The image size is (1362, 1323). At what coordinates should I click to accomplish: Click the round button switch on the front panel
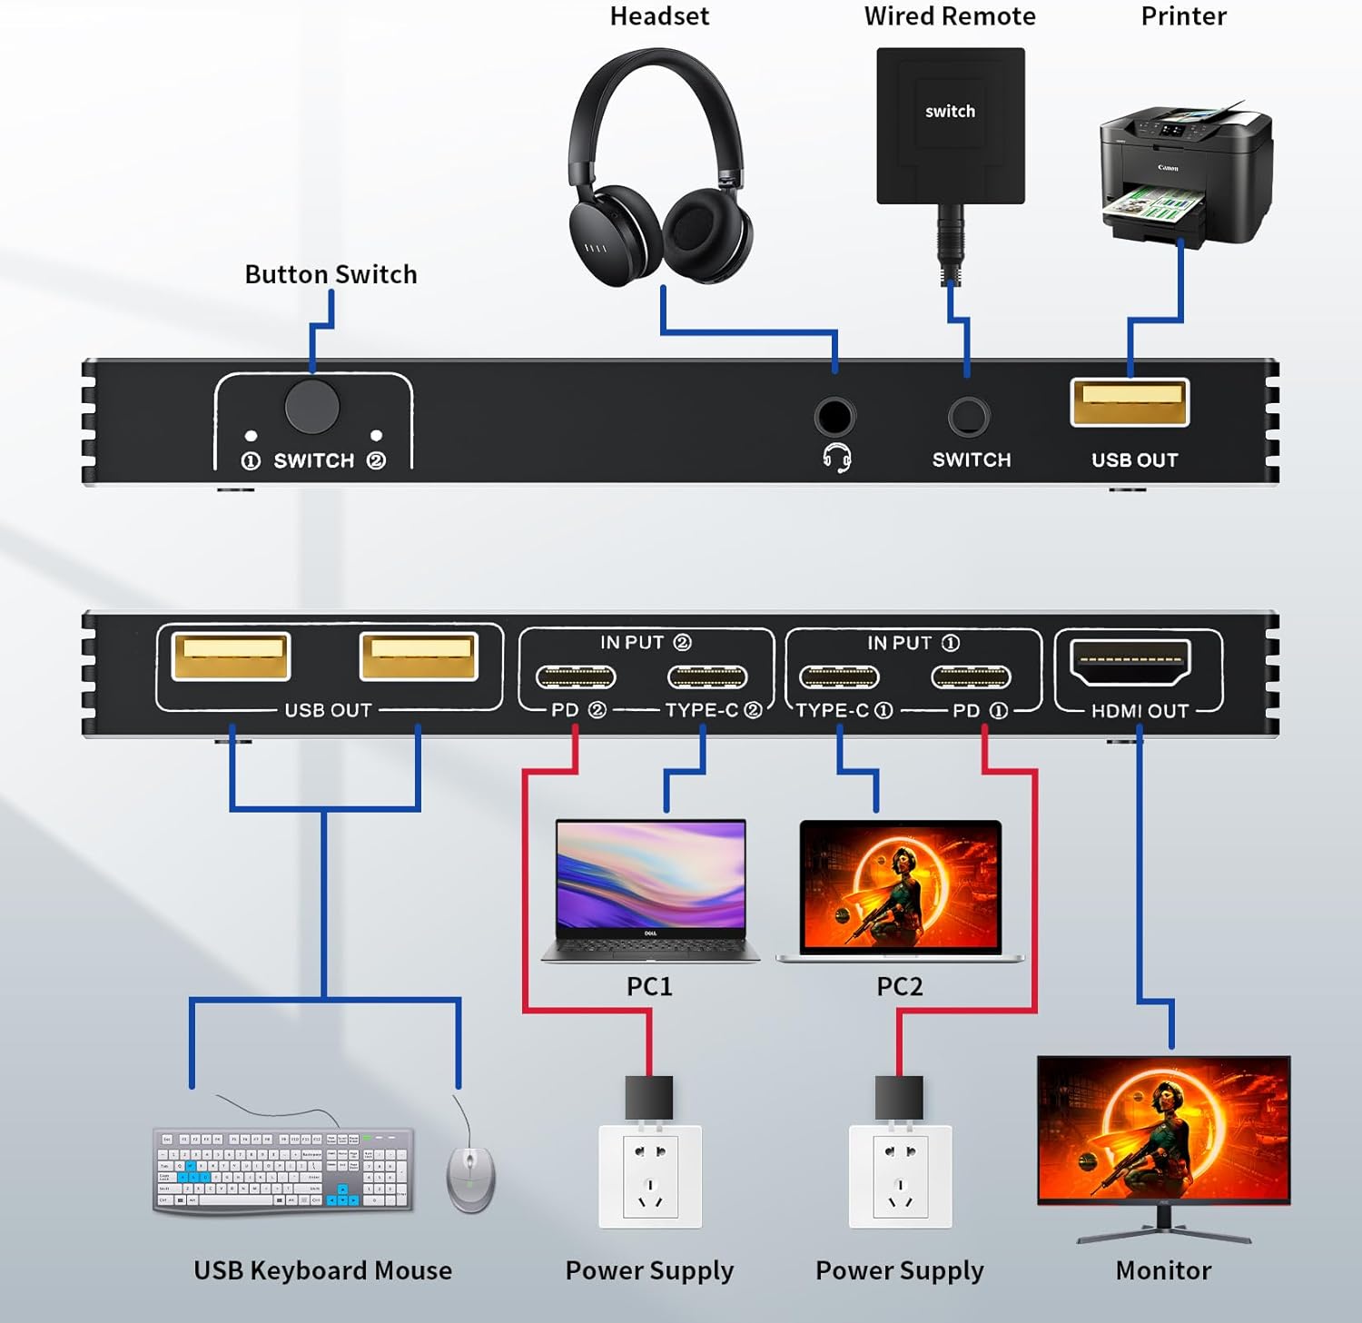(x=311, y=407)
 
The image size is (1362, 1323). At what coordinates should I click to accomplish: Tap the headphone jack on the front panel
(x=834, y=417)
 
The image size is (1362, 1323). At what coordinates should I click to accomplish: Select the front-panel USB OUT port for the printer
(x=1130, y=402)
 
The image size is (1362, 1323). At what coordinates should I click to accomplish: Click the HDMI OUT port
(x=1130, y=662)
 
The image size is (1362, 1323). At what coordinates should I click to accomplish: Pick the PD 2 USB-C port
(x=576, y=677)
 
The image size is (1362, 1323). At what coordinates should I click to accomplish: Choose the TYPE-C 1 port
(x=839, y=677)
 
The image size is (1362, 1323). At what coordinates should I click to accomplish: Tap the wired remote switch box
(x=950, y=125)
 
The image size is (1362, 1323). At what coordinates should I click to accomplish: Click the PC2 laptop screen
(x=900, y=884)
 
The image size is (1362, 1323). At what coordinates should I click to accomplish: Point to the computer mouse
(x=470, y=1179)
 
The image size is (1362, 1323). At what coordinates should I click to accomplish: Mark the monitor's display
(x=1163, y=1128)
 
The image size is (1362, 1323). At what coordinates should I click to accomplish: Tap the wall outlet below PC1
(x=650, y=1177)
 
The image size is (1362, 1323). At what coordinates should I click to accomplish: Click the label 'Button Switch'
(x=331, y=274)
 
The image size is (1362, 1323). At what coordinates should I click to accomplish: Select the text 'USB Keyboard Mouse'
(x=322, y=1270)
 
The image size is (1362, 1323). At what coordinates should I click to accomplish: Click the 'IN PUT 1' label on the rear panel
(x=913, y=643)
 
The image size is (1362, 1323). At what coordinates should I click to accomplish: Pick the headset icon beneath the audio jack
(x=836, y=459)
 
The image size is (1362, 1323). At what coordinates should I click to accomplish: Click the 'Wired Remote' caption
(x=949, y=16)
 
